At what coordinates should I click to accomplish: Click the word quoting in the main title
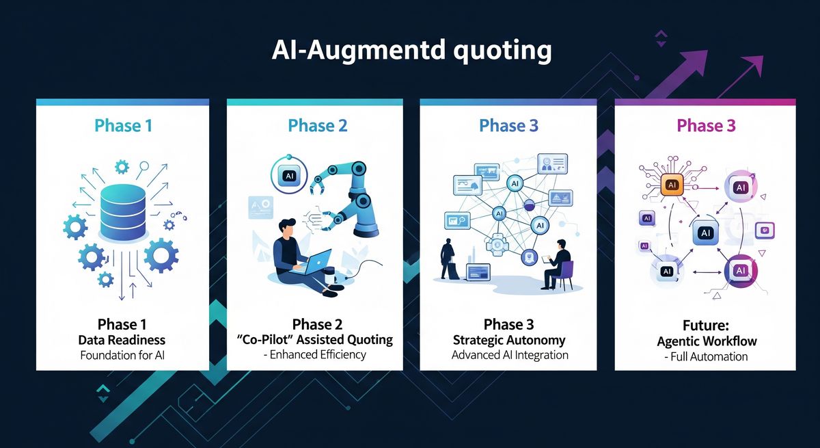pos(502,51)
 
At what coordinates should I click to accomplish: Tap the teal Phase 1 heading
pos(124,126)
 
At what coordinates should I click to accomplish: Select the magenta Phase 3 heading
pos(706,126)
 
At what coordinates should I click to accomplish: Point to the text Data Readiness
pos(122,341)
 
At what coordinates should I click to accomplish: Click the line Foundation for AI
pos(122,356)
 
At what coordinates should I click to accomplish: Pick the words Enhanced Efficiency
pos(318,354)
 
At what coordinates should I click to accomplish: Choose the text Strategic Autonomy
pos(509,341)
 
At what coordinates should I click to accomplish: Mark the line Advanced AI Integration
pos(510,355)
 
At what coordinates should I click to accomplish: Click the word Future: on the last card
pos(706,326)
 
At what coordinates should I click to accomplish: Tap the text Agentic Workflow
pos(707,341)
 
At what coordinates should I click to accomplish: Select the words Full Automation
pos(709,357)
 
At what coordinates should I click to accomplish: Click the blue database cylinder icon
pos(122,212)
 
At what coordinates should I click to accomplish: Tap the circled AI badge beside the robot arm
pos(289,175)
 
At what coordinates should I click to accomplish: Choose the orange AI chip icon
pos(672,185)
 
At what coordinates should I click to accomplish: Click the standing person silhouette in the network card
pos(448,259)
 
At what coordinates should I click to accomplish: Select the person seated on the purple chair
pos(556,265)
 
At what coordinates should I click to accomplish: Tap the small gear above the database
pos(122,168)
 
